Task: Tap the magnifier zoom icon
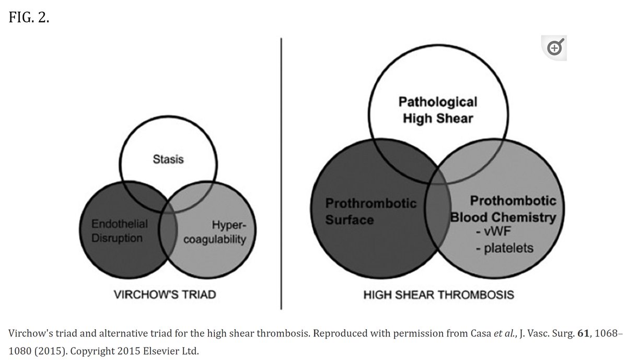554,49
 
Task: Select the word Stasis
168,159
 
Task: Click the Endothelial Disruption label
120,231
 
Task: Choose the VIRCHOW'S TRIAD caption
165,295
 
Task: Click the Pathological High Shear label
438,110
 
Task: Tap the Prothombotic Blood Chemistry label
502,209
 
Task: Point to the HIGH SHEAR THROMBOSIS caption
438,295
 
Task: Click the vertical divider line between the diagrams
282,172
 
